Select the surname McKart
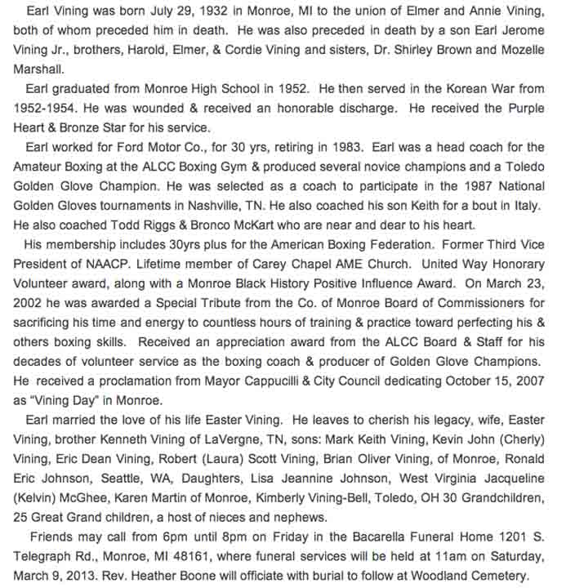tap(247, 225)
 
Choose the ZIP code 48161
tap(184, 556)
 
